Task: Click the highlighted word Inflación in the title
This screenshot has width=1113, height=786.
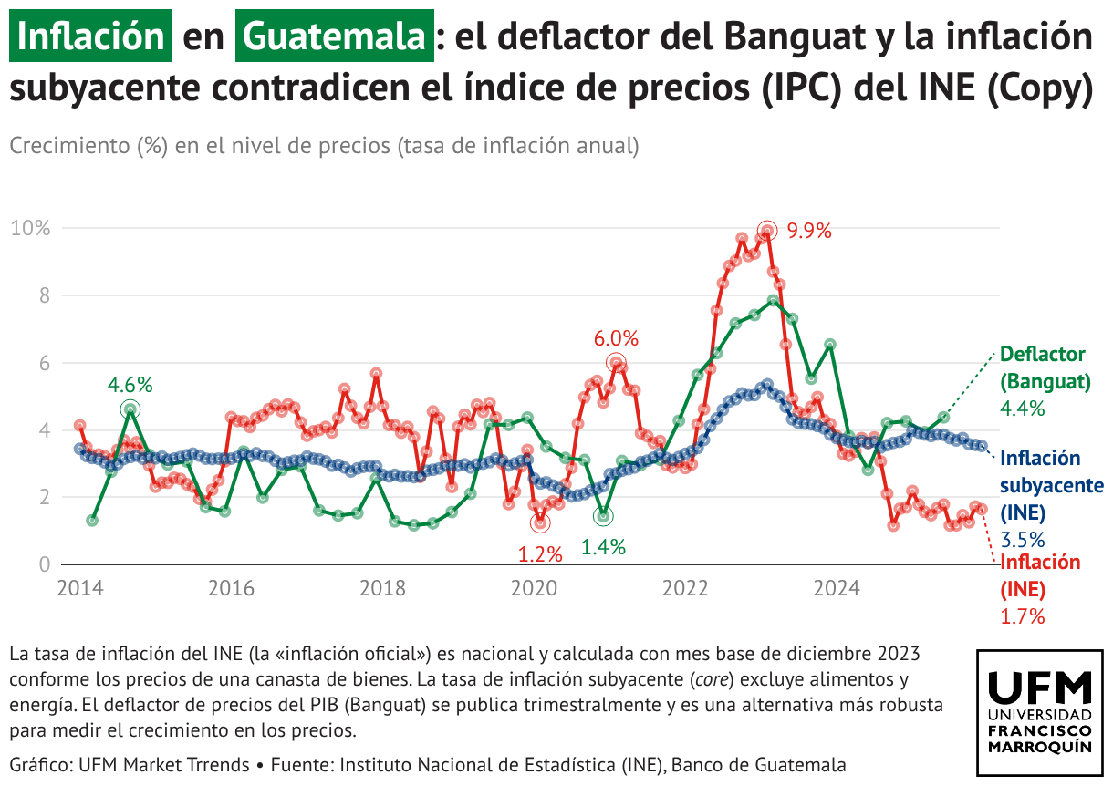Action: [90, 36]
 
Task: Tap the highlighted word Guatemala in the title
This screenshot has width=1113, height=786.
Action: [334, 36]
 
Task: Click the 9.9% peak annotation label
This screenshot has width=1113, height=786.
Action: [810, 231]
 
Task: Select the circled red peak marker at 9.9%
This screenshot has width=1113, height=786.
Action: [767, 231]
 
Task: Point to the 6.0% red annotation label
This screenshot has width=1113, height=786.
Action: [616, 338]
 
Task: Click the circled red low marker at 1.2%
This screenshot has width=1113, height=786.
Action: [541, 523]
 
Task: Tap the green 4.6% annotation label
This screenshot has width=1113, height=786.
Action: [130, 384]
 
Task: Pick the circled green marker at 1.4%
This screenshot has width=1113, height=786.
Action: [603, 517]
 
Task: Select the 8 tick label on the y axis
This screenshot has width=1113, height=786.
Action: [42, 295]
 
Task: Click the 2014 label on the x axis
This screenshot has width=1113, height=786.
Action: [79, 588]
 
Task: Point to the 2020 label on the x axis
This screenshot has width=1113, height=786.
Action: [534, 588]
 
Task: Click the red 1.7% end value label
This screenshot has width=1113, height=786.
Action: [1023, 616]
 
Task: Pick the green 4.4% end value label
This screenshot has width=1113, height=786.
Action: [1023, 409]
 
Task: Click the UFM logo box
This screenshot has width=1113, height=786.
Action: [1039, 713]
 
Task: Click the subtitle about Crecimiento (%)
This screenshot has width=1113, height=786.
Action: [324, 146]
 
